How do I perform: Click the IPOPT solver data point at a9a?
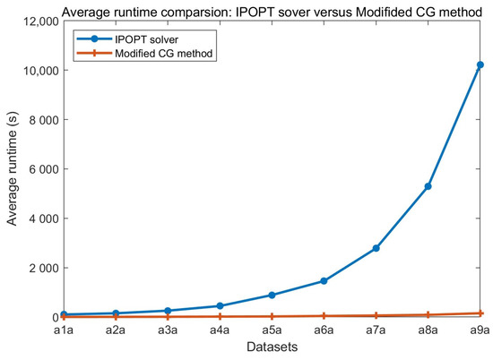pyautogui.click(x=480, y=64)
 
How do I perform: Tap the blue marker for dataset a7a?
pyautogui.click(x=376, y=248)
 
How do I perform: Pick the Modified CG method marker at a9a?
pyautogui.click(x=480, y=313)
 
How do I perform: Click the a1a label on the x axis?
pyautogui.click(x=62, y=330)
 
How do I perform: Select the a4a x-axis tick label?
pyautogui.click(x=219, y=330)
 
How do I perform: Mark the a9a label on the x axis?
pyautogui.click(x=480, y=330)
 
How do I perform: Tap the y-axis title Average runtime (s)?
pyautogui.click(x=12, y=169)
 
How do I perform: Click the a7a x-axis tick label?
pyautogui.click(x=376, y=330)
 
